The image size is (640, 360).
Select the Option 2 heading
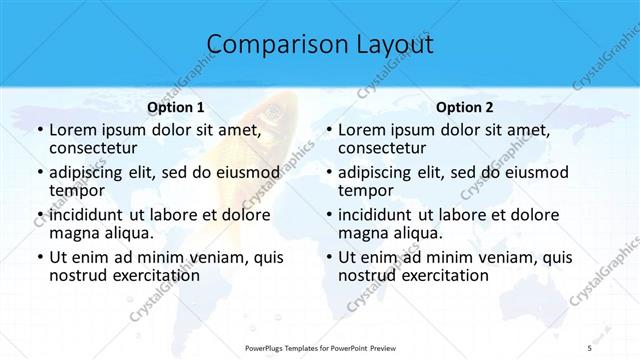(464, 107)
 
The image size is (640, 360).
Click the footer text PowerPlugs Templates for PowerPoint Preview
(320, 347)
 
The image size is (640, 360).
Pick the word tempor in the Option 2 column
(365, 190)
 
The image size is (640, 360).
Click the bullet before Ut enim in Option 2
(327, 257)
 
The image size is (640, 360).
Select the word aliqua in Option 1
(128, 233)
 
